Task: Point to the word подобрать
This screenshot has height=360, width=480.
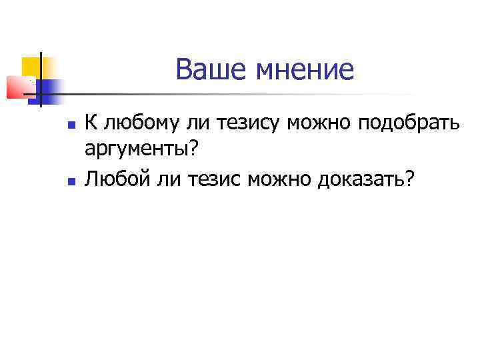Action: [x=409, y=124]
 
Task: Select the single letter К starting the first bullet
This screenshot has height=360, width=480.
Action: [x=91, y=123]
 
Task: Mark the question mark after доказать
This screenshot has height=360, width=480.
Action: [x=408, y=178]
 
